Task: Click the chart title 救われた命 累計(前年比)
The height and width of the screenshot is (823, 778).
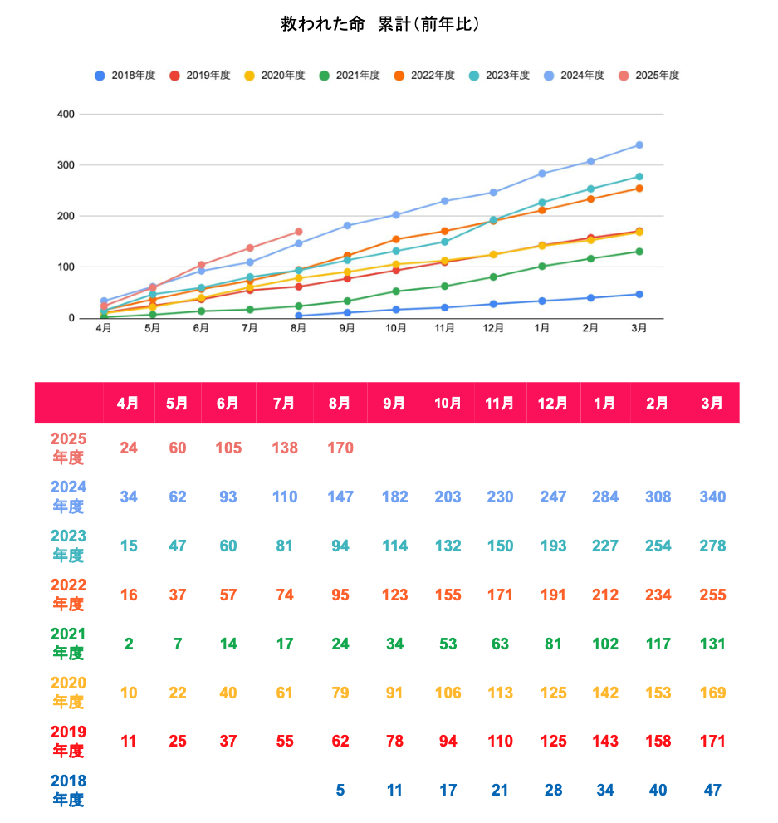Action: pos(380,25)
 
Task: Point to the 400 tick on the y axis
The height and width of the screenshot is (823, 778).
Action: pos(66,115)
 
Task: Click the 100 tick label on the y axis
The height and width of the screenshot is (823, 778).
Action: pos(66,267)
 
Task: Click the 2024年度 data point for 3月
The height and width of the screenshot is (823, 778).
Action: pos(639,145)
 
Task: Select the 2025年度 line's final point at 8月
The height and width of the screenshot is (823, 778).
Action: pos(299,232)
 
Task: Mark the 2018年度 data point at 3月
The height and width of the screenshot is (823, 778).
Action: pos(639,295)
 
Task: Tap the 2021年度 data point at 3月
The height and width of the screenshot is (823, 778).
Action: pos(639,252)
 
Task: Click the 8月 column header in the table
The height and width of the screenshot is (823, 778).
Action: pos(340,403)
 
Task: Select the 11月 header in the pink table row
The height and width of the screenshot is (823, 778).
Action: pos(499,403)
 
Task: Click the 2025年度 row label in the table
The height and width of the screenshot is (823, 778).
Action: pos(68,448)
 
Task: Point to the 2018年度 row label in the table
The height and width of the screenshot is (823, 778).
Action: pos(68,791)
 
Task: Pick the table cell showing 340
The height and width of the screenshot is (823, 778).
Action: pos(712,497)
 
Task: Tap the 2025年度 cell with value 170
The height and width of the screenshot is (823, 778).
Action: pos(340,448)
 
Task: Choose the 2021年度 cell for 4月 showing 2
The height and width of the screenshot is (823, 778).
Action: pos(129,644)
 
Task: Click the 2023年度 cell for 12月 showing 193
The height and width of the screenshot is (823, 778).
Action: pos(553,546)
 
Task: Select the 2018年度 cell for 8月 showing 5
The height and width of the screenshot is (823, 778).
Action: pos(340,791)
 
